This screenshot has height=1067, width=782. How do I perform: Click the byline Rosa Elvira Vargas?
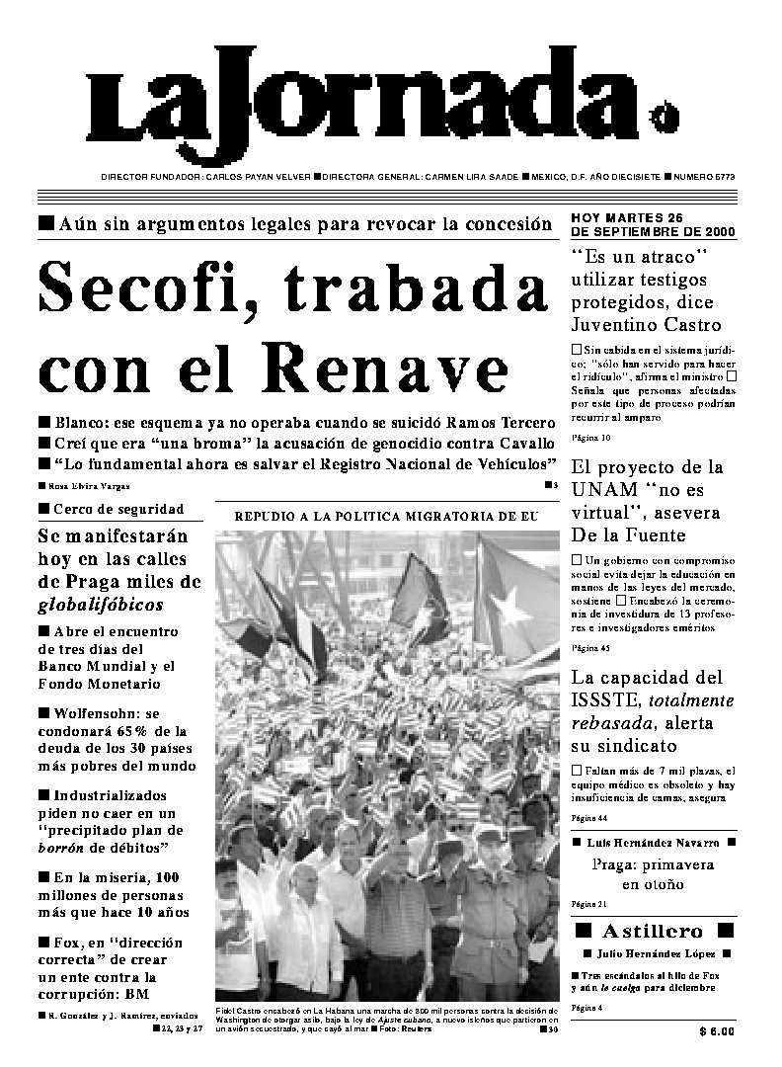click(89, 486)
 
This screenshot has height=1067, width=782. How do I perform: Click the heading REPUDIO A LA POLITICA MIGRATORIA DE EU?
click(386, 516)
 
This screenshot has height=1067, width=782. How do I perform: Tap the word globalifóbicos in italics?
click(101, 605)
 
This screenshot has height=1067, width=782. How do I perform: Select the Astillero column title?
click(654, 931)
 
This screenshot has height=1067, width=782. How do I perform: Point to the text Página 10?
click(591, 437)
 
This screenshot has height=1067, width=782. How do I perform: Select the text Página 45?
click(591, 648)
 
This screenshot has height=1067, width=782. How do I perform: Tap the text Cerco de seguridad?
click(120, 510)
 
